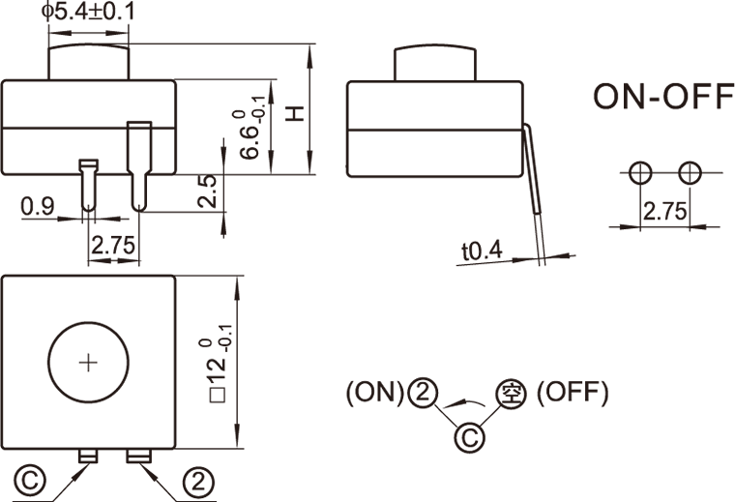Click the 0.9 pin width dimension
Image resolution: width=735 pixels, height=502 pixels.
37,206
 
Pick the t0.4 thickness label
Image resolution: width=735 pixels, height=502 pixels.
482,251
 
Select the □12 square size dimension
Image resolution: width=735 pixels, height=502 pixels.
219,363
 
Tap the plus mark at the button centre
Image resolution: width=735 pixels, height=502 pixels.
88,363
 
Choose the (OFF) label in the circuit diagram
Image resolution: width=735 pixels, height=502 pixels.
573,393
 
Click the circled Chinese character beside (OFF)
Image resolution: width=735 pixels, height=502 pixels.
510,393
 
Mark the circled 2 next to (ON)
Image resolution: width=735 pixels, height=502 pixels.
422,393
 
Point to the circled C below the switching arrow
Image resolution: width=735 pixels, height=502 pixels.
467,438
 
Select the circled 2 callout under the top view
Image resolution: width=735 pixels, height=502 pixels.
196,481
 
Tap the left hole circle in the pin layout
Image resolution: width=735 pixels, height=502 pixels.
639,173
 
